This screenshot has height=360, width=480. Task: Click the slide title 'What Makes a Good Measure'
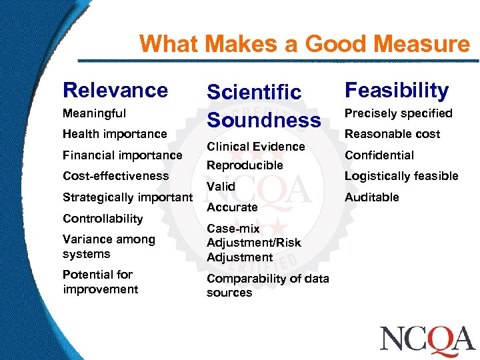tap(304, 44)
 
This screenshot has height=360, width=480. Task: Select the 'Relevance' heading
tap(115, 90)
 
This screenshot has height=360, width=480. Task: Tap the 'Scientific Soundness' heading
tap(263, 106)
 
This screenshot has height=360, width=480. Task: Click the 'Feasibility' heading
tap(396, 90)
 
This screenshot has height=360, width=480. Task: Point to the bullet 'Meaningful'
tap(94, 113)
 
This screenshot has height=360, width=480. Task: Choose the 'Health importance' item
tap(115, 134)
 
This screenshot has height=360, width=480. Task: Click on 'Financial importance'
tap(122, 155)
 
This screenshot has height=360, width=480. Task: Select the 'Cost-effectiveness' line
tap(115, 176)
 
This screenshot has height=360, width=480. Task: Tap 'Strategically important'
tap(127, 197)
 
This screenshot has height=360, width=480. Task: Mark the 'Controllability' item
tap(103, 219)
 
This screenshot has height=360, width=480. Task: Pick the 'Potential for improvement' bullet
tap(100, 281)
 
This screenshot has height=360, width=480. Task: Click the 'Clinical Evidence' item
tap(255, 146)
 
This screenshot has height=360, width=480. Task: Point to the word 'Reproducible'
tap(245, 165)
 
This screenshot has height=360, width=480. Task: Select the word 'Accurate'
tap(232, 207)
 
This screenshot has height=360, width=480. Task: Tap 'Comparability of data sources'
tap(267, 285)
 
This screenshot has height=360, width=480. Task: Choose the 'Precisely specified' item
tap(398, 113)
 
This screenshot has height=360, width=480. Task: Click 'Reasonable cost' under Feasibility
tap(392, 134)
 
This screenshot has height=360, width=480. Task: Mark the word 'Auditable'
tap(371, 197)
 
